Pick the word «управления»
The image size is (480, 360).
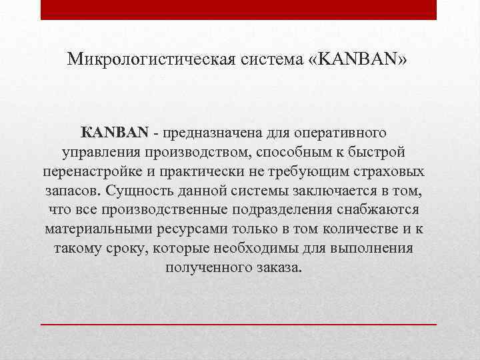coord(97,153)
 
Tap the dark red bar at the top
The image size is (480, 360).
coord(239,9)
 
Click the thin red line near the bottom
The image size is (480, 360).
coord(239,323)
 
